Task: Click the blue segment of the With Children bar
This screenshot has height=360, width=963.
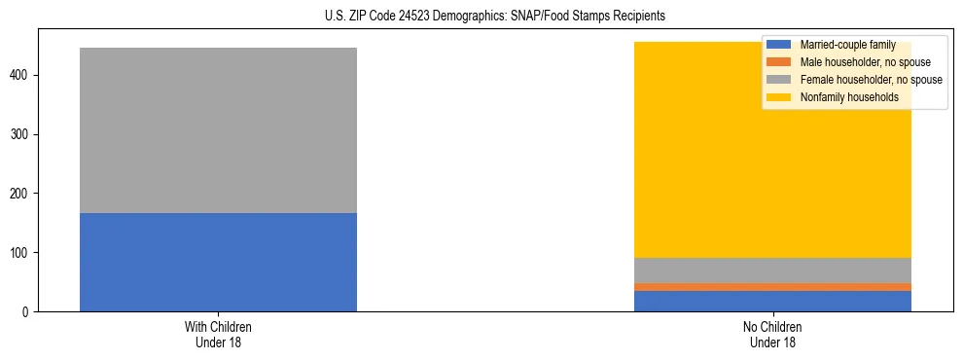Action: click(x=218, y=262)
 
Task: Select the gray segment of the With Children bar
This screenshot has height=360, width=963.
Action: click(x=218, y=130)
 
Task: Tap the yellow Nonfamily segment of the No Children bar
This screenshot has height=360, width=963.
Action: click(x=681, y=175)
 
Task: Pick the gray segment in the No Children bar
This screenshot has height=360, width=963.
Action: click(x=772, y=270)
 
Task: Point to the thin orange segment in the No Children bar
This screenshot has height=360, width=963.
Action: click(x=772, y=287)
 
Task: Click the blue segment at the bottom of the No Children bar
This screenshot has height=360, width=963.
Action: click(x=772, y=302)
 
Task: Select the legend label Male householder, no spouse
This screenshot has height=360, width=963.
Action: click(x=861, y=62)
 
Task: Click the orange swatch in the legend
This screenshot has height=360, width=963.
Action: click(x=779, y=62)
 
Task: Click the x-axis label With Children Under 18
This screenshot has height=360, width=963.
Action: click(x=218, y=335)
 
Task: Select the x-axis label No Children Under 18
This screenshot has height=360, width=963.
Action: click(x=772, y=335)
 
